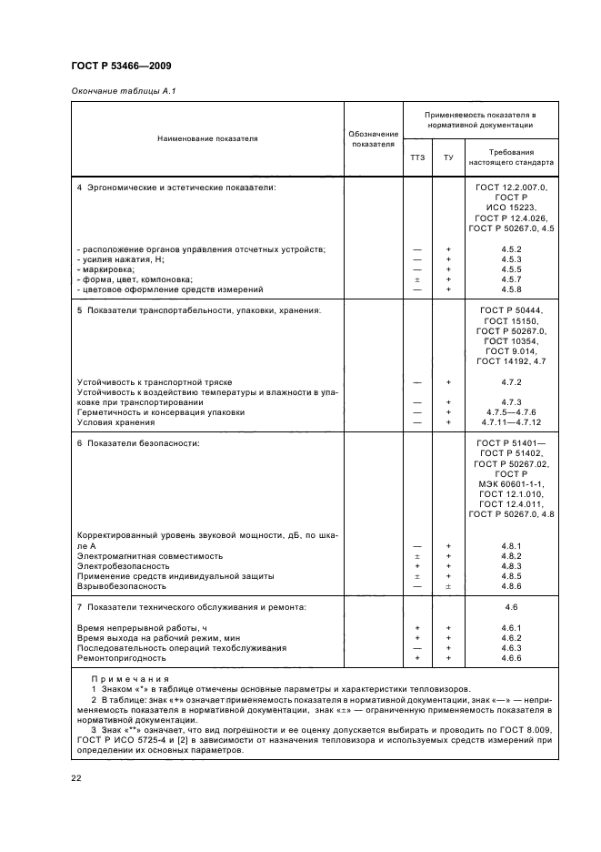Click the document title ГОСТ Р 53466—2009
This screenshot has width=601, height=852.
[121, 65]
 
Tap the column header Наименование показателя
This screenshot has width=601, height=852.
[207, 138]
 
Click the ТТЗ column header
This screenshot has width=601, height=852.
[417, 157]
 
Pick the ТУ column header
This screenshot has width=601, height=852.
[448, 157]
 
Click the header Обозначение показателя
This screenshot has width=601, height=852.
[372, 138]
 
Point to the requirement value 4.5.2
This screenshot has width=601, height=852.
[510, 249]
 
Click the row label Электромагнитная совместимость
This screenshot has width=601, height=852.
[137, 555]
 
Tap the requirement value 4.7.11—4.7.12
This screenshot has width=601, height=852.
[510, 422]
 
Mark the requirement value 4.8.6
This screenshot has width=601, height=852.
[510, 586]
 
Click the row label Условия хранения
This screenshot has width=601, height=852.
[113, 422]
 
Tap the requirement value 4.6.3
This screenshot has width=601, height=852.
[510, 647]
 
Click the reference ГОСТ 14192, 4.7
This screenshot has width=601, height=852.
[510, 361]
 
